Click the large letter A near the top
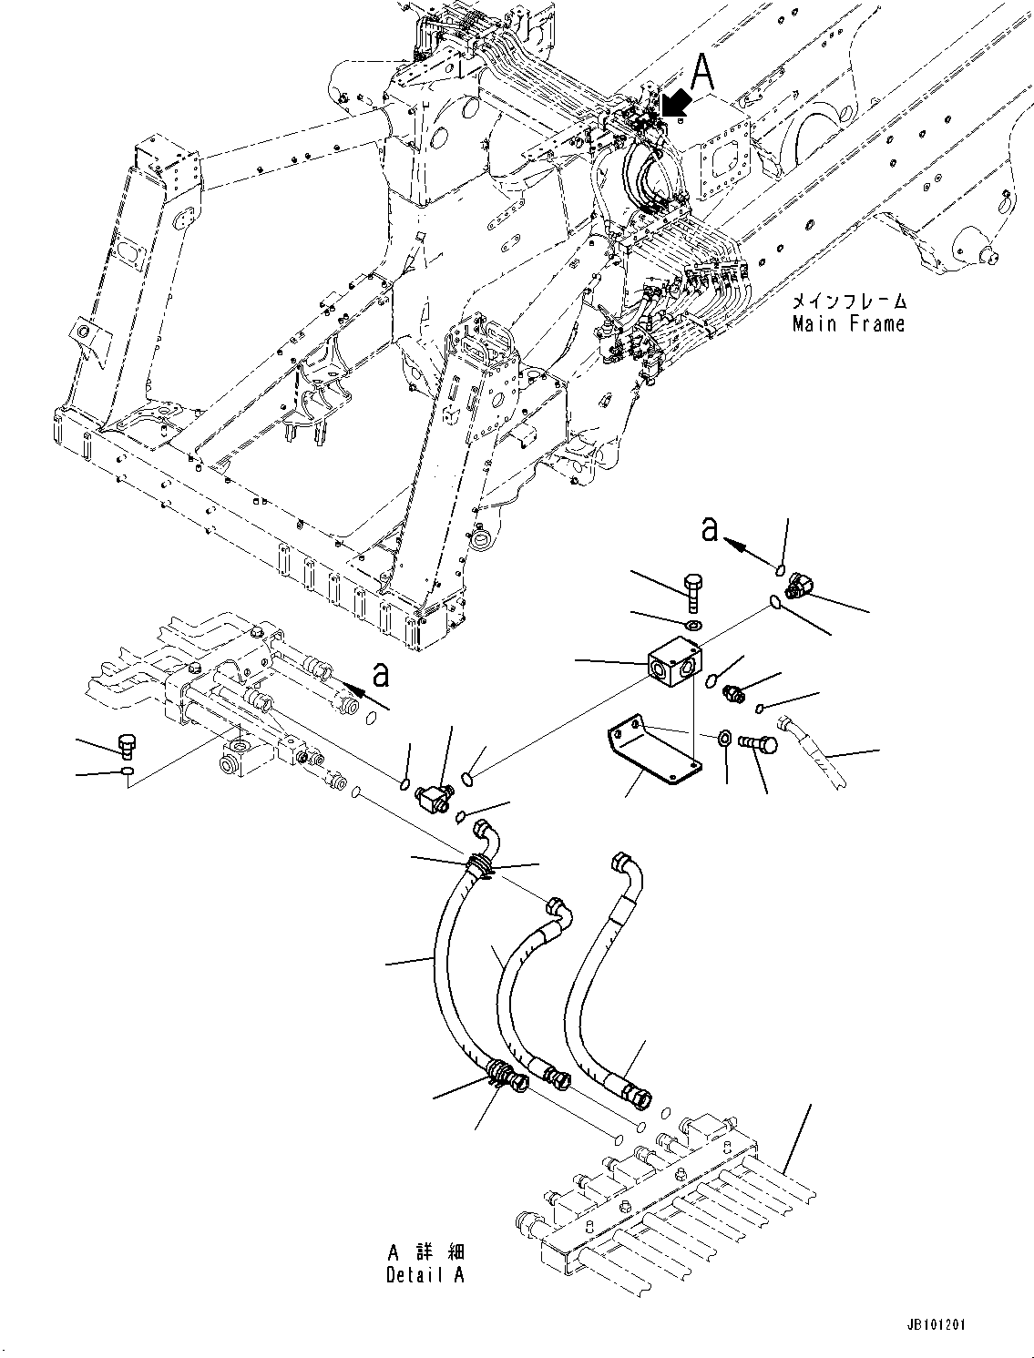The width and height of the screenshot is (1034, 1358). point(703,70)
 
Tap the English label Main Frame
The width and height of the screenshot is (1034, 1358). point(848,323)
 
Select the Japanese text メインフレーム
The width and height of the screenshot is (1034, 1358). point(848,301)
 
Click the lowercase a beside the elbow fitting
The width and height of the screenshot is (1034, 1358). point(711,529)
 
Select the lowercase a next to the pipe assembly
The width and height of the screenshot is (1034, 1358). point(381,675)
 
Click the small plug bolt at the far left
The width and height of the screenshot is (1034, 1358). point(128,744)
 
